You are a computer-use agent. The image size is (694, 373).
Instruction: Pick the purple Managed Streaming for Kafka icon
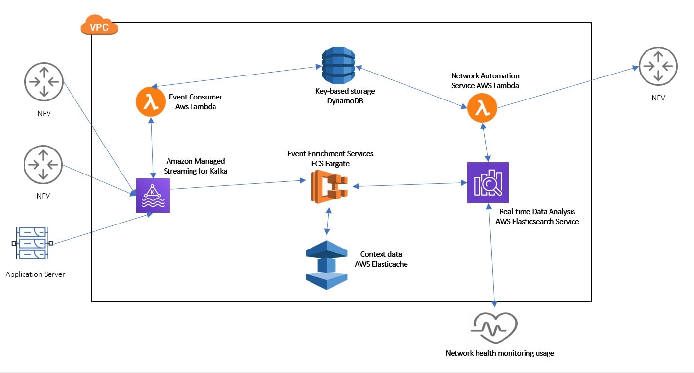[153, 195]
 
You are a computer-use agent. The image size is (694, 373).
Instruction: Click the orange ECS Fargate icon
[329, 186]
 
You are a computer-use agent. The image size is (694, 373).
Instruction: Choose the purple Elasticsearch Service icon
[488, 182]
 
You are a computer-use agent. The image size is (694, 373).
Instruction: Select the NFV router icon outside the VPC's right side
[658, 66]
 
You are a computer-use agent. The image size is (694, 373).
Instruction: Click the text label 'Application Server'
[35, 274]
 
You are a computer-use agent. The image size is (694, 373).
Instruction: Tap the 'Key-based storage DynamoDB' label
[345, 96]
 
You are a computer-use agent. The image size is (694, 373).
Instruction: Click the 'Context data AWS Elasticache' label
[381, 259]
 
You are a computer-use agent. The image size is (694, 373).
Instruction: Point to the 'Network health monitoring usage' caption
[500, 353]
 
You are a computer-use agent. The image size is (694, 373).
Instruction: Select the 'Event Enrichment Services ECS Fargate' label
[330, 158]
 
